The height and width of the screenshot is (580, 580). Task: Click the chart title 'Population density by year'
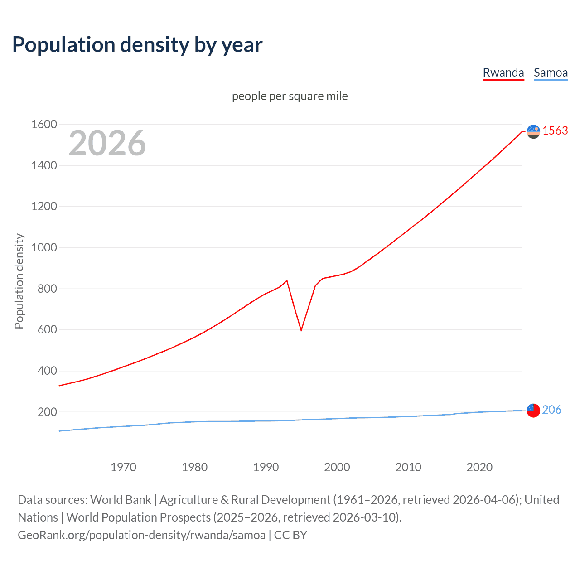137,45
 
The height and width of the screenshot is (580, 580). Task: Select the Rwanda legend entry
503,73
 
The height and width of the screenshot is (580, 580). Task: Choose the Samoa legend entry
551,73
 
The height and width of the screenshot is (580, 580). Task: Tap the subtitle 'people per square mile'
290,96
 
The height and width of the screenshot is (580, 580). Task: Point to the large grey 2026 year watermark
107,143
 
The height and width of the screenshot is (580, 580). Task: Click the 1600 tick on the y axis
44,124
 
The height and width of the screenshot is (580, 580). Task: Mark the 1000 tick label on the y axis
44,247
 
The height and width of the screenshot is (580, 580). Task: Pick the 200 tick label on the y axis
47,412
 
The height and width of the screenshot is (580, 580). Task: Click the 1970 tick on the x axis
123,467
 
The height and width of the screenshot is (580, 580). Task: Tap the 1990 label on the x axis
266,467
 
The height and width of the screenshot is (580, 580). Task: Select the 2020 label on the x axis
479,467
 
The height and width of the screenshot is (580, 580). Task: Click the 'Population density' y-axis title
19,281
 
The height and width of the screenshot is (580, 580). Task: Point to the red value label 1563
555,130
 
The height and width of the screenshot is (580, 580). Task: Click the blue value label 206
551,410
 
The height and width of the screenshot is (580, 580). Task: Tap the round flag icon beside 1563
533,131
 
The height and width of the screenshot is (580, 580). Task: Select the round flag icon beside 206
533,410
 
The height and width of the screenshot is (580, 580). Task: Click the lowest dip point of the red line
301,330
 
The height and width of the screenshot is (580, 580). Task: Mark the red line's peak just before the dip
287,280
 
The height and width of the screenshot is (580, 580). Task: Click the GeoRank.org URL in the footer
141,535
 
